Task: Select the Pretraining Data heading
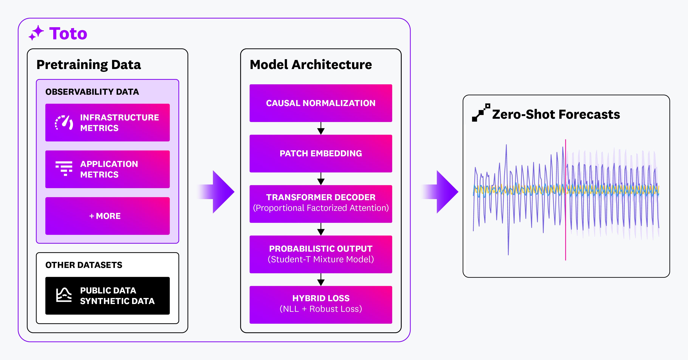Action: point(88,65)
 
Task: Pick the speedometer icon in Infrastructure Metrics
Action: point(64,123)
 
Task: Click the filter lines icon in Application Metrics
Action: point(64,168)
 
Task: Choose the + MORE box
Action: point(107,216)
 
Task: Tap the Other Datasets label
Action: point(84,265)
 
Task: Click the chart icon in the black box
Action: point(64,295)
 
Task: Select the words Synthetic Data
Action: point(117,301)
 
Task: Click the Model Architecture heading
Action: point(311,65)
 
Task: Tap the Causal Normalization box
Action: point(320,103)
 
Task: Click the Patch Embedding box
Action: point(320,153)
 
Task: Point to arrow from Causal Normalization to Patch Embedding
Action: point(321,129)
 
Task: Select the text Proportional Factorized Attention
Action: point(320,208)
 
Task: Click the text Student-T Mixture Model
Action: point(320,259)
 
